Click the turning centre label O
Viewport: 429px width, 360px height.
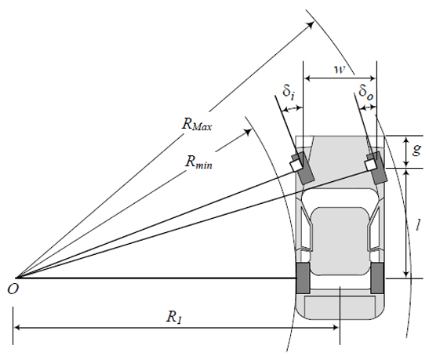(x=13, y=289)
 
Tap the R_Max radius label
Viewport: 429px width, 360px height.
(x=197, y=124)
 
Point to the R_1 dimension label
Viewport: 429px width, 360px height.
(x=174, y=317)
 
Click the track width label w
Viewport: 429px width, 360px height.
(x=340, y=69)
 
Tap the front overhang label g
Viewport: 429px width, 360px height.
(x=416, y=149)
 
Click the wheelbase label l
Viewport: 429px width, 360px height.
(x=417, y=225)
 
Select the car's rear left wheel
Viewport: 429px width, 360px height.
(x=304, y=278)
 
